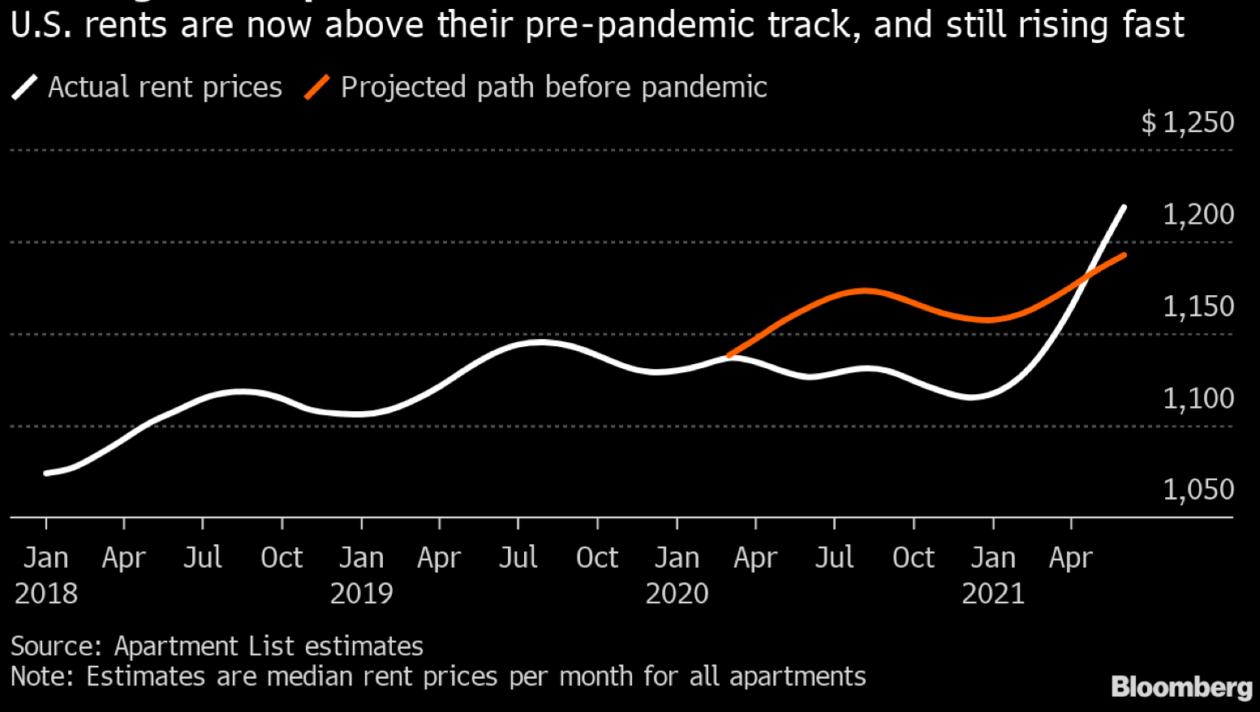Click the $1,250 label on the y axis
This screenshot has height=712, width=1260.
point(1187,122)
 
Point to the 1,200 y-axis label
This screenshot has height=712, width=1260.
point(1198,214)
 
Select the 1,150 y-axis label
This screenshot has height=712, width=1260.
point(1198,307)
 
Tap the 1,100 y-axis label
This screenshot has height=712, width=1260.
point(1198,398)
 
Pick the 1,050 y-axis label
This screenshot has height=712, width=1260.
point(1198,490)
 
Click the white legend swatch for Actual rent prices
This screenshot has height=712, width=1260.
point(24,87)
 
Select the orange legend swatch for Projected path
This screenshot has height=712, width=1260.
point(317,87)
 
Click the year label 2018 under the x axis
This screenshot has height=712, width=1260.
point(45,594)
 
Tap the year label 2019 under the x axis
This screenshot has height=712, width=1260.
point(361,594)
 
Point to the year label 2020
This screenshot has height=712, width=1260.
point(677,594)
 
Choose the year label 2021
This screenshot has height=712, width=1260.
point(993,594)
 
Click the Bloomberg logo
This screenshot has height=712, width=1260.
point(1181,687)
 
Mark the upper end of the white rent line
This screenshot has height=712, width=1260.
point(1124,208)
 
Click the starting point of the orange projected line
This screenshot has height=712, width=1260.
point(729,355)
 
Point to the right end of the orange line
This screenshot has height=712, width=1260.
point(1124,255)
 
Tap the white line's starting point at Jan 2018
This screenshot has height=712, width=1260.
point(46,473)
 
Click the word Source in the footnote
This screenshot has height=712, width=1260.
point(54,646)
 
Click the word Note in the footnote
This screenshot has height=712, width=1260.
point(38,676)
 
